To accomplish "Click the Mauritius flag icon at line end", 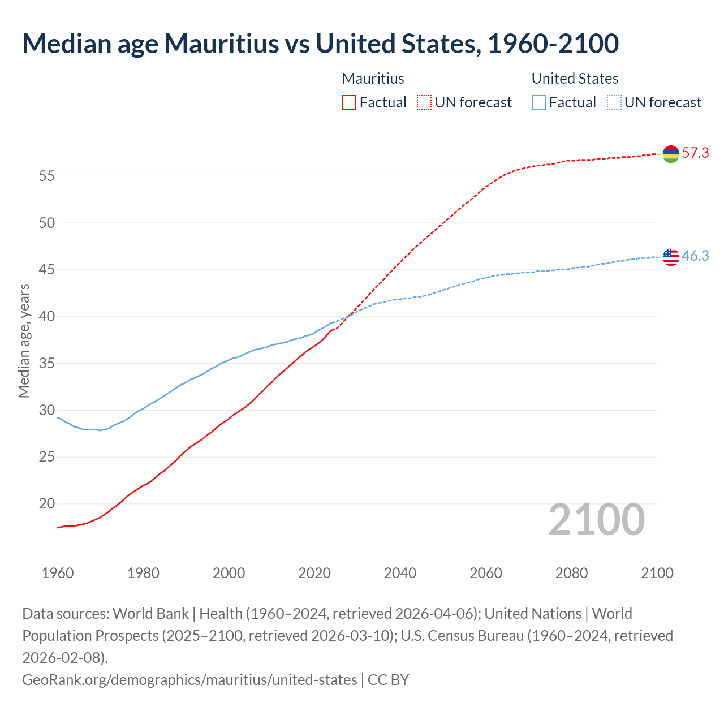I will click(671, 153).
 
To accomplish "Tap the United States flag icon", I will click(671, 256).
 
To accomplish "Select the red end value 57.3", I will click(695, 153).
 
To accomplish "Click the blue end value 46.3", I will click(695, 256).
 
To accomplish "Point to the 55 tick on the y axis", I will click(47, 176).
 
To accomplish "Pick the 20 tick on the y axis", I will click(47, 503).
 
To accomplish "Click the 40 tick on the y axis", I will click(47, 316).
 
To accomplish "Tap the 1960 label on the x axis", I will click(58, 573).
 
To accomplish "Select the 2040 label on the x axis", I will click(400, 573).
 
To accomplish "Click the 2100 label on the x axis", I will click(657, 573).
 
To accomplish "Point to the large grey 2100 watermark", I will click(596, 520).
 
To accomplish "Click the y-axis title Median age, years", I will click(24, 341).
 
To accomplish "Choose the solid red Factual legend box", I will click(349, 102).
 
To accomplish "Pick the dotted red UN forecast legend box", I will click(424, 102).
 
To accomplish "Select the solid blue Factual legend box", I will click(539, 102).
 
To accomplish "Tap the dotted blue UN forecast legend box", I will click(614, 102).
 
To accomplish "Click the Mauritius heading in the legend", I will click(373, 79).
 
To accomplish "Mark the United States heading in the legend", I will click(575, 79).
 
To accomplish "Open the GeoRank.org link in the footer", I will click(189, 679).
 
